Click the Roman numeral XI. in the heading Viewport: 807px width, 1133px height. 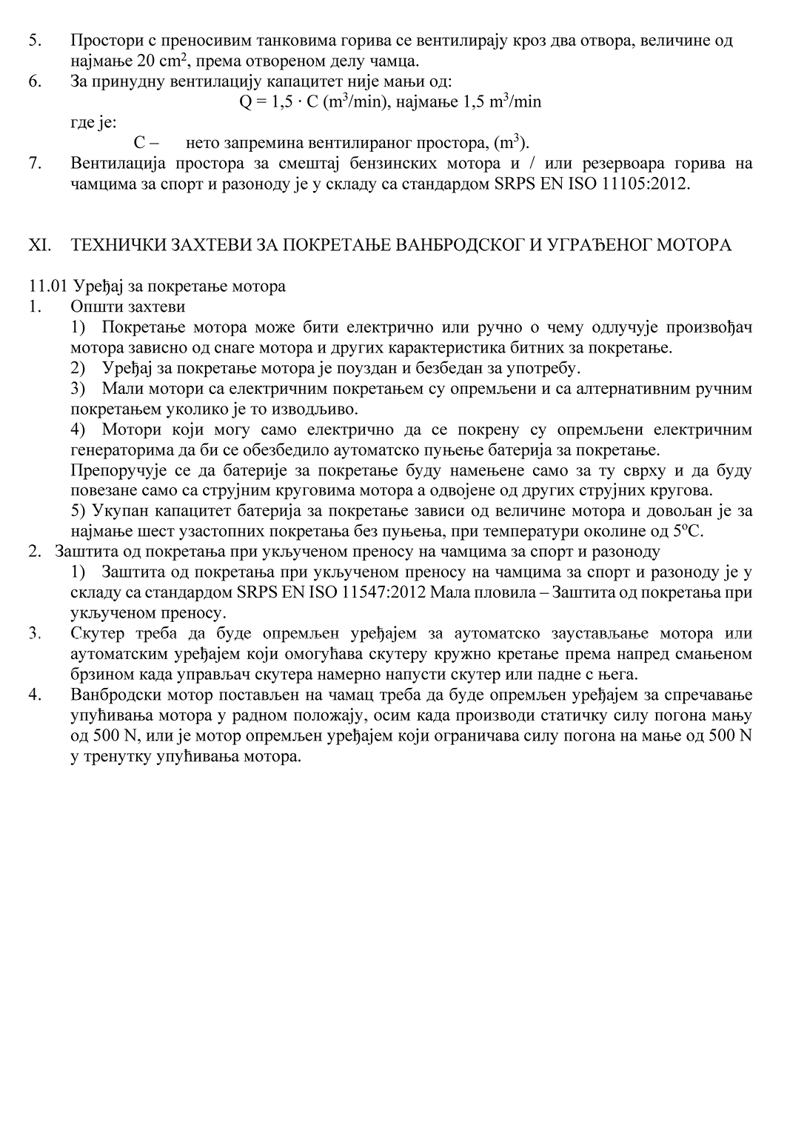coord(38,245)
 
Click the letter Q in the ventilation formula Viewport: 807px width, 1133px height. coord(245,102)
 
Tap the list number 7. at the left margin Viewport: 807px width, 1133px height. coord(34,164)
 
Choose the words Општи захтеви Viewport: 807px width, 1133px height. coord(127,307)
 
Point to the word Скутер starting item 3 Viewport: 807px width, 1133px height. coord(97,634)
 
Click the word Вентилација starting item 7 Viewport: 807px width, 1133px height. coord(117,164)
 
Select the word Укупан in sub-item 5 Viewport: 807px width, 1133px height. coord(123,511)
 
